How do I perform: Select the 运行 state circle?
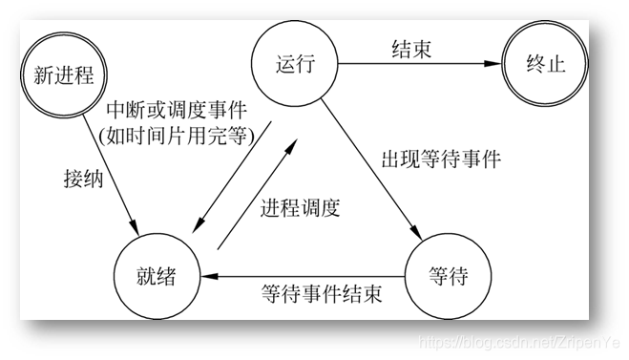point(296,65)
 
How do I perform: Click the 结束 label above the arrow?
point(411,49)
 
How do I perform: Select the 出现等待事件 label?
point(441,157)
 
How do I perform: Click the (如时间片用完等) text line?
point(176,135)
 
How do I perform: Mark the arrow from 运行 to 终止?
point(420,65)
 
